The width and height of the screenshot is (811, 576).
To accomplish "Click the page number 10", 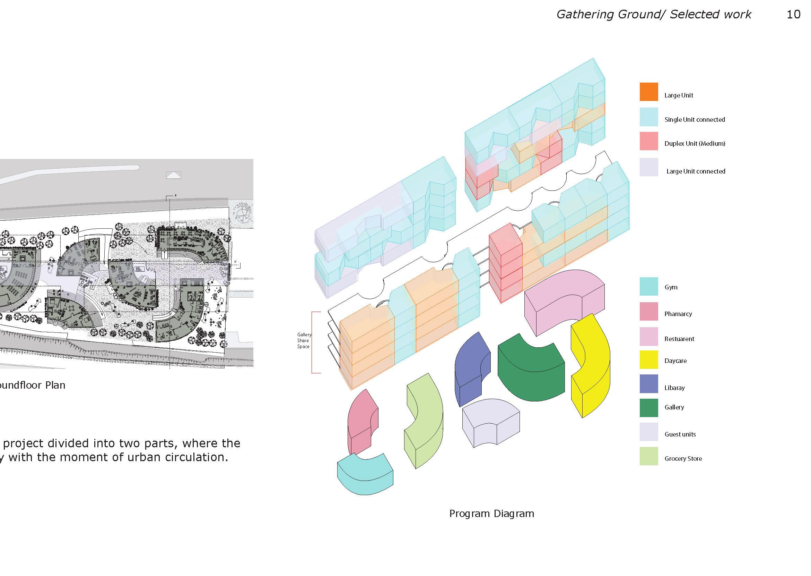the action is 793,15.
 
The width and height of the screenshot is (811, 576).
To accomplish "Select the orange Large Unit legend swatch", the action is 648,92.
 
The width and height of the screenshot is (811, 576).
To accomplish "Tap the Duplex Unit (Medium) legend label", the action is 695,144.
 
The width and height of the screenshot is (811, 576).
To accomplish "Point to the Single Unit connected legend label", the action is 695,119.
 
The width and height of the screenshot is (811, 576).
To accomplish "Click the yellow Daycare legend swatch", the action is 648,359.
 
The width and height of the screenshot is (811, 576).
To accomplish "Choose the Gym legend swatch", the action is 648,287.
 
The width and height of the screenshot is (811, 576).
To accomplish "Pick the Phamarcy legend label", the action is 678,314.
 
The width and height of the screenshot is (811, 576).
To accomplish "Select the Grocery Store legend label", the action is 683,459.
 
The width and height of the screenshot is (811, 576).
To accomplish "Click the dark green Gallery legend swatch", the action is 648,407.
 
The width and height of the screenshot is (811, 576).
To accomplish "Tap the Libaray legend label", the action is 674,388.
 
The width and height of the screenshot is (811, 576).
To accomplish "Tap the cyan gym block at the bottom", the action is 365,475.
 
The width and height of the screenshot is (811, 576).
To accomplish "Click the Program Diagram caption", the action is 491,514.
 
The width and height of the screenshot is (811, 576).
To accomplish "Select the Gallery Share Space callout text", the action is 304,340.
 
